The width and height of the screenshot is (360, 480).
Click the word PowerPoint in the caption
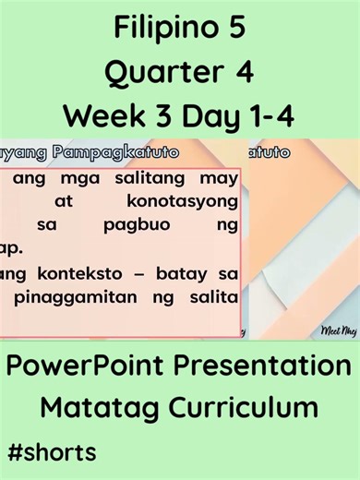click(92, 366)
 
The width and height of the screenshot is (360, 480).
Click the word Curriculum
click(243, 407)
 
